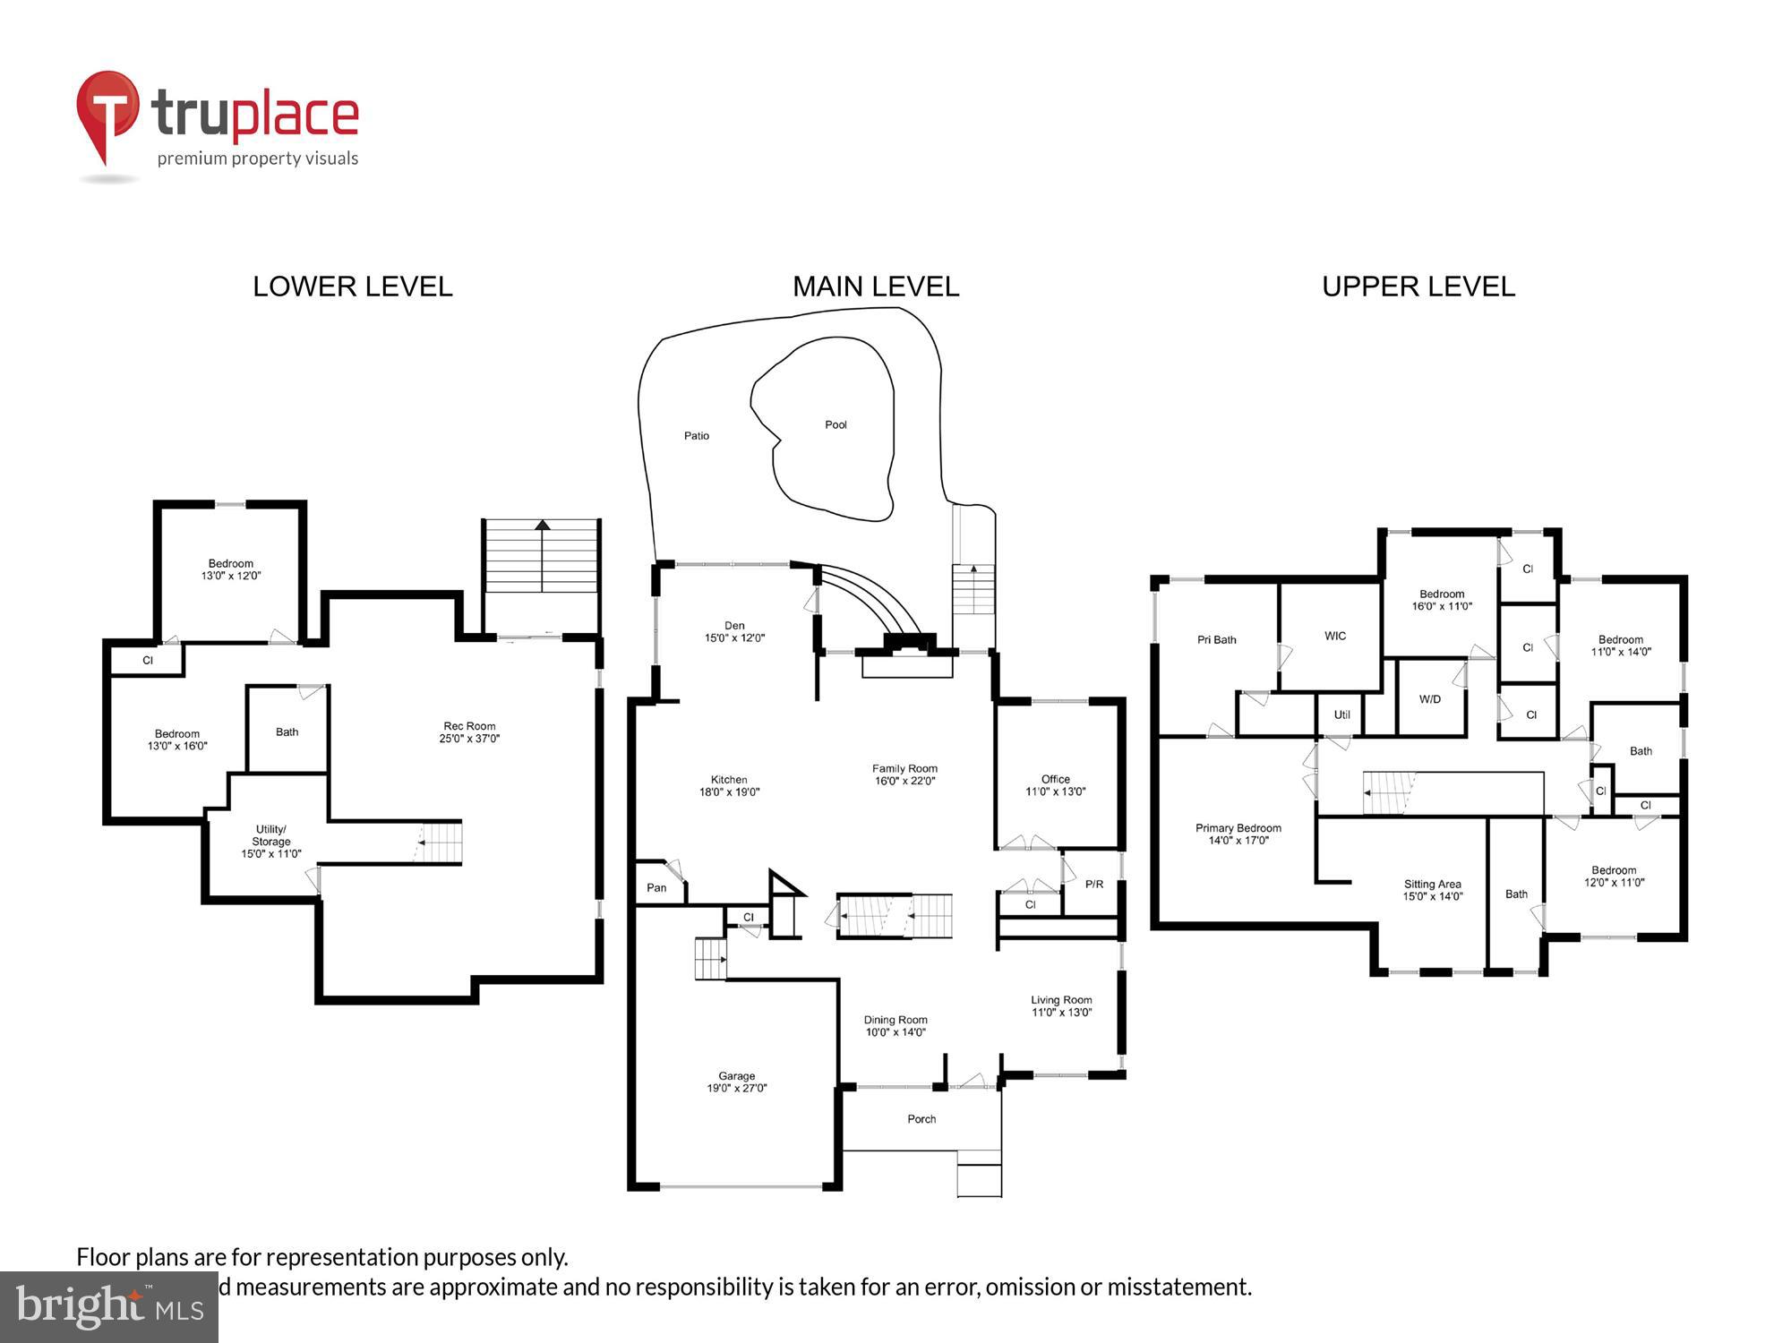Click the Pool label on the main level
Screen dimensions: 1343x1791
pos(836,425)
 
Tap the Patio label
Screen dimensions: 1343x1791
pos(697,436)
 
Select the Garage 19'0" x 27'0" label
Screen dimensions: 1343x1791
pos(736,1082)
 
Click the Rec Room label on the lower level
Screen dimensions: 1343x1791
pos(469,732)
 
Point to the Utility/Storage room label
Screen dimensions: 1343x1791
pos(270,841)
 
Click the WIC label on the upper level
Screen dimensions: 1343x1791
pos(1335,637)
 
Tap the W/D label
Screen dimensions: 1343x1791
pos(1430,699)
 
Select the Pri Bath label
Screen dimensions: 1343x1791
pos(1216,640)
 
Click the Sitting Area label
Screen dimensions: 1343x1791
pos(1432,890)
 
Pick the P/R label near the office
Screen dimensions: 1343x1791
pos(1094,885)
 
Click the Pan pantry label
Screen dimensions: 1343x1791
pos(656,888)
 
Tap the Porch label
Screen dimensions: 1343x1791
pos(921,1119)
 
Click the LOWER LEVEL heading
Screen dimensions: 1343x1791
pos(352,287)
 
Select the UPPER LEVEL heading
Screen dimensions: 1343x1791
pos(1418,287)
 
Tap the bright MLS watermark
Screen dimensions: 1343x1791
pos(109,1308)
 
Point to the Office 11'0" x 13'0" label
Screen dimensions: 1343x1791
pos(1056,785)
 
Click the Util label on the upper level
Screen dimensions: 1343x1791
pos(1341,715)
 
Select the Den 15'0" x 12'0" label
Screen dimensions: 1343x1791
pos(734,632)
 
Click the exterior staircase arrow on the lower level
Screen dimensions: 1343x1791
pos(542,526)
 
